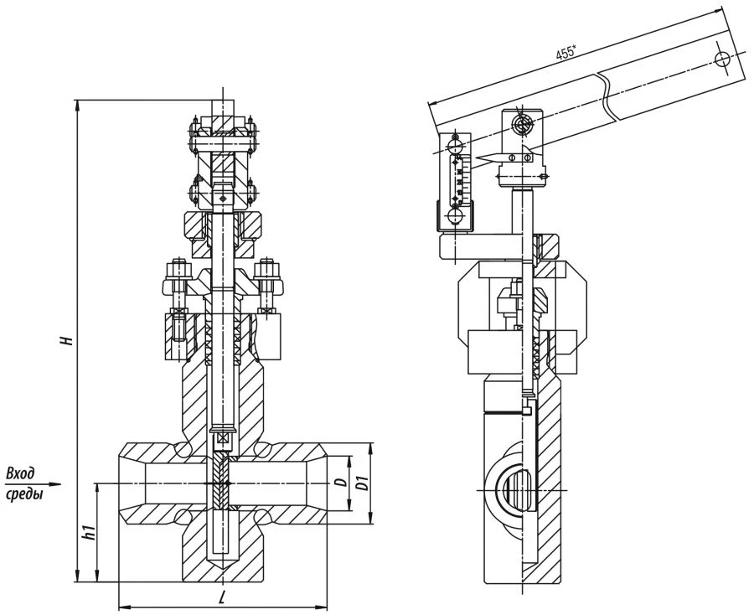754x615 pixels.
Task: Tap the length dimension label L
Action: [x=219, y=596]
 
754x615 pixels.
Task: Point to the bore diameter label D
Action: [x=339, y=483]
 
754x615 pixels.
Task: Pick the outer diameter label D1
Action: [x=363, y=483]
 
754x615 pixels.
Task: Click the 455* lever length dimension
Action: [x=565, y=53]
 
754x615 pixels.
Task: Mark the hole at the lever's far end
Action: [x=722, y=59]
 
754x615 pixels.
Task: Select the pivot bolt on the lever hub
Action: [x=524, y=127]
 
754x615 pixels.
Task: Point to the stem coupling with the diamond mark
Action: [x=222, y=197]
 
